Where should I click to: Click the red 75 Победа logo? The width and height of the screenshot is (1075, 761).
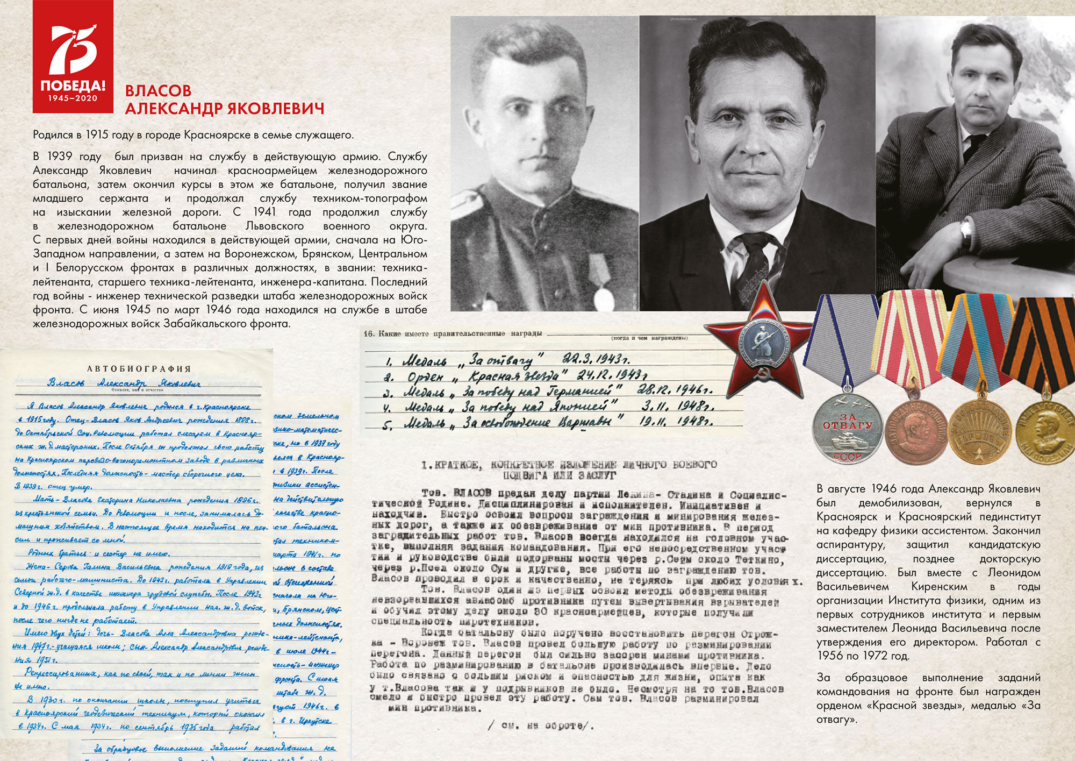point(73,56)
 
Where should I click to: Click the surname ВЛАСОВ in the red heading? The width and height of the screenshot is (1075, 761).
point(158,90)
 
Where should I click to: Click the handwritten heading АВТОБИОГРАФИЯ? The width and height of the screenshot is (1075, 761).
point(139,369)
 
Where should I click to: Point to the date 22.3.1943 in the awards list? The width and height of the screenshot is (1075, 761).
point(596,359)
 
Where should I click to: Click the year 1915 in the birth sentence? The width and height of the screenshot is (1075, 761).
point(97,134)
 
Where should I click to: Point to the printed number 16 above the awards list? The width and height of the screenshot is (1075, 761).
point(369,333)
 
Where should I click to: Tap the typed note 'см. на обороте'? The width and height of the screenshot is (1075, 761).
point(541,726)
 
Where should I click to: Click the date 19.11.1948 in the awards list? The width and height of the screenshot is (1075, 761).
point(676,421)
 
